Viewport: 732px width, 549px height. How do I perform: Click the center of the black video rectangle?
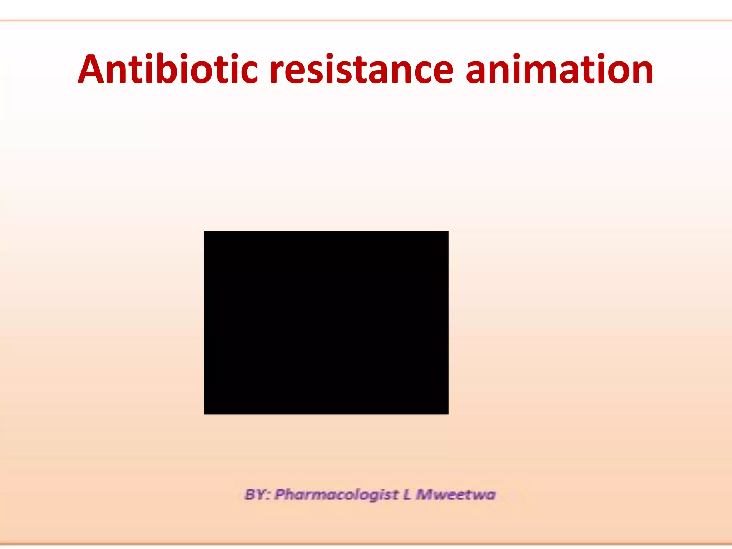tap(326, 323)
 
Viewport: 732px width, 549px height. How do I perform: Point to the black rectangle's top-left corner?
tap(205, 232)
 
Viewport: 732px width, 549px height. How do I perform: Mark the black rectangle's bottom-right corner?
tap(447, 414)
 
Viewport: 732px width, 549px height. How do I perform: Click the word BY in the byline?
tap(256, 495)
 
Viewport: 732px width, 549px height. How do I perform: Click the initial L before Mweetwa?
tap(407, 495)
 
